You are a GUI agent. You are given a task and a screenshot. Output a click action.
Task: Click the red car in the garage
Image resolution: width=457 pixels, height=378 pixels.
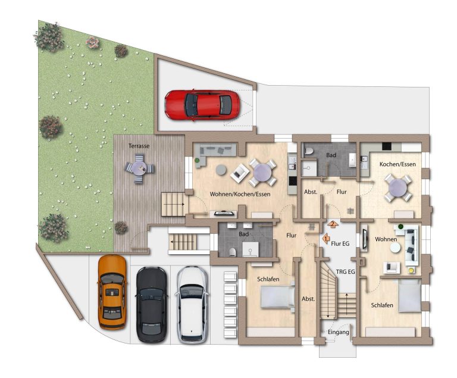[202, 105]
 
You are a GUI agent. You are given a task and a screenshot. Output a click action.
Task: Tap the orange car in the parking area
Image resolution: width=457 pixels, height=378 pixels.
[112, 292]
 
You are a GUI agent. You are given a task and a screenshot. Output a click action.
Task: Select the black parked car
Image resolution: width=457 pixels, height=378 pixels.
[152, 304]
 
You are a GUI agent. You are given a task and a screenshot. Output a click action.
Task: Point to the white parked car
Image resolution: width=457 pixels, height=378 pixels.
[192, 304]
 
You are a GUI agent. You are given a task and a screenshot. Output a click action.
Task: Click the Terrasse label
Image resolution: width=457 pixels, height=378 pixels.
[139, 146]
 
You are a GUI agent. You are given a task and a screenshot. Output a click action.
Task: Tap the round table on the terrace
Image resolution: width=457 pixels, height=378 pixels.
[139, 168]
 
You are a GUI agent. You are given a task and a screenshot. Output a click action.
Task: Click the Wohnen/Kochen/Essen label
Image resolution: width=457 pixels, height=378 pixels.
[240, 194]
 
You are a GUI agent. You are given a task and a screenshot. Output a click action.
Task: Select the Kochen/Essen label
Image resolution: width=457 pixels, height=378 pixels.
[397, 164]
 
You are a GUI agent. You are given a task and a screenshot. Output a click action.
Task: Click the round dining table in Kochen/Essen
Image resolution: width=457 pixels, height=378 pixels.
[398, 189]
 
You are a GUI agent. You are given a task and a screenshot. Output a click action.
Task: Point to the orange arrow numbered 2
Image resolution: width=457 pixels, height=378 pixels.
[333, 224]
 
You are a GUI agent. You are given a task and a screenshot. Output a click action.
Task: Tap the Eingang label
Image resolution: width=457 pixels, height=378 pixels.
[339, 332]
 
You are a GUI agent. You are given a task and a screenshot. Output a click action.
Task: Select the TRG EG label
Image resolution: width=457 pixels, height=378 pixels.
[345, 272]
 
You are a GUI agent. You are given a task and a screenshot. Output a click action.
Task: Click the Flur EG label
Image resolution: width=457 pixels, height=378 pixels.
[340, 243]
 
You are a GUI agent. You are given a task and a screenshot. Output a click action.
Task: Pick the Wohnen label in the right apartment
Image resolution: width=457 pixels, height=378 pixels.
[386, 239]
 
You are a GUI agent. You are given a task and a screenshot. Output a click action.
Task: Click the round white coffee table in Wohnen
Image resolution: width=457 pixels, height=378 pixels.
[396, 248]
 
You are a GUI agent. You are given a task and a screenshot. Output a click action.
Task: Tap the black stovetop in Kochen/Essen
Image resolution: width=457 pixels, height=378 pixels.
[387, 146]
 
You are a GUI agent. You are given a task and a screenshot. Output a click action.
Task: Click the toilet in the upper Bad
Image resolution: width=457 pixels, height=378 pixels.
[308, 151]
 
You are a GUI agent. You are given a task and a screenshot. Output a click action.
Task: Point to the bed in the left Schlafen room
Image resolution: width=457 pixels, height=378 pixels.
[277, 296]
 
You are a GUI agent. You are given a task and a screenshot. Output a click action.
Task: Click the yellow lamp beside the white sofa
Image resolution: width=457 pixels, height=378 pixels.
[411, 271]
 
